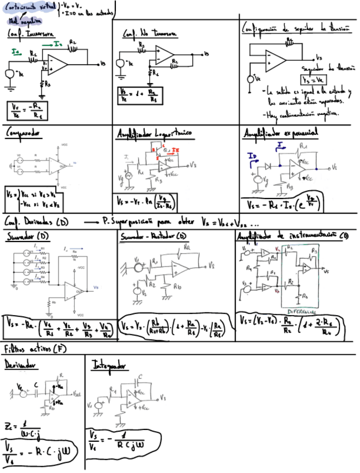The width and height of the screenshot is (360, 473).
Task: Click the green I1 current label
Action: tap(16, 51)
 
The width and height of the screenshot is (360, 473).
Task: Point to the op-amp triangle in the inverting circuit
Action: tap(57, 64)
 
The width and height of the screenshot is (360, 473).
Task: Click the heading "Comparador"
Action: tap(25, 134)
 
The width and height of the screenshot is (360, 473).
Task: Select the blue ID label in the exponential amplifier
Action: tap(252, 156)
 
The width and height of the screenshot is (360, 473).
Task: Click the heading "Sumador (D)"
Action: tap(27, 237)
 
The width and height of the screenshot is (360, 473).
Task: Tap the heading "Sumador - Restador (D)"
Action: tap(158, 237)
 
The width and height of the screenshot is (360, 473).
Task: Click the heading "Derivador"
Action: tap(21, 365)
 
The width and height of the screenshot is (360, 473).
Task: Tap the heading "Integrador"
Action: tap(110, 366)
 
